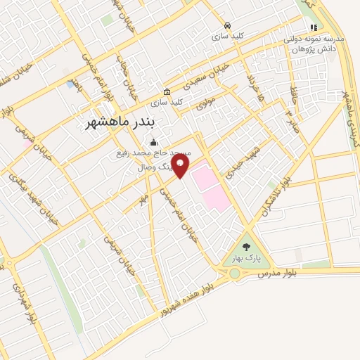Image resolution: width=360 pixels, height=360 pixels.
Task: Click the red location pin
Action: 181,166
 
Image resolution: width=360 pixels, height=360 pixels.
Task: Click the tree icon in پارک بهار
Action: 245,246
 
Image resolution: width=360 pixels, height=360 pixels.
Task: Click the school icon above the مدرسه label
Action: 314,27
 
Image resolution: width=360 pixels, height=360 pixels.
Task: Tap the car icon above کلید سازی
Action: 226,24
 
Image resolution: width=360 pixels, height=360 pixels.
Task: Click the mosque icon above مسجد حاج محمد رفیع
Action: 154,141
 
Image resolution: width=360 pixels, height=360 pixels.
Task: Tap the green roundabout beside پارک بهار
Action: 235,273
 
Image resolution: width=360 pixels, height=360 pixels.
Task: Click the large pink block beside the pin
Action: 210,186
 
